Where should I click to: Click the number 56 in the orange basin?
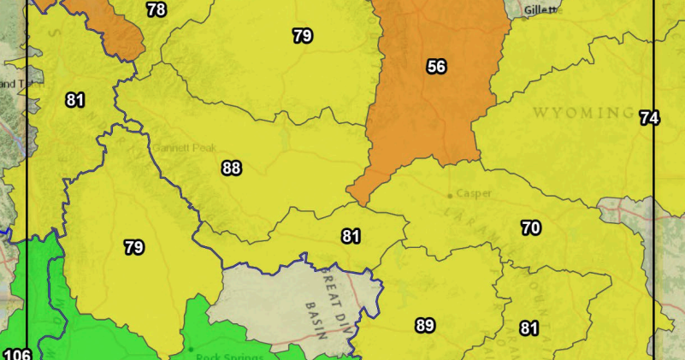click(x=436, y=66)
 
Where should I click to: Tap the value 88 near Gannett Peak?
click(x=231, y=168)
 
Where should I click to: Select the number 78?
click(x=156, y=10)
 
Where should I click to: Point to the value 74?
click(x=650, y=118)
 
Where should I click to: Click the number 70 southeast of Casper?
click(x=531, y=227)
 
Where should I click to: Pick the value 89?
click(x=424, y=325)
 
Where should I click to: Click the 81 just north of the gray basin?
click(x=351, y=236)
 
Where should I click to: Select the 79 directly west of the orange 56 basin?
click(x=302, y=36)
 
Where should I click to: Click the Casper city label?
click(x=474, y=193)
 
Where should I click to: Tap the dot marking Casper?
click(x=450, y=196)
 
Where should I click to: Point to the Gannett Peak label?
click(x=181, y=146)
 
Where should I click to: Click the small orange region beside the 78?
click(x=115, y=26)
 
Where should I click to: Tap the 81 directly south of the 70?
click(x=529, y=328)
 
